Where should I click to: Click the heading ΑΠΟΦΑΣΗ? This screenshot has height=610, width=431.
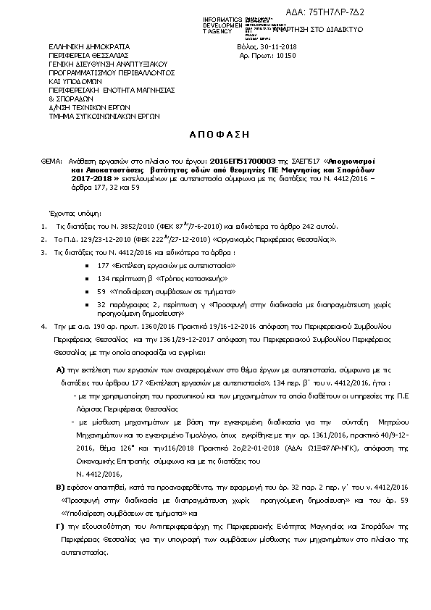(215, 135)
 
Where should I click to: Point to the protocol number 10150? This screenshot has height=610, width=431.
(288, 55)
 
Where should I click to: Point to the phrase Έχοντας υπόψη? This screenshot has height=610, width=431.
(70, 214)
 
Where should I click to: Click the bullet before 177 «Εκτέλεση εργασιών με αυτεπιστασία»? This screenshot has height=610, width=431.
(88, 267)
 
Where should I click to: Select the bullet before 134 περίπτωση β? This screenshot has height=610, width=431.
(88, 278)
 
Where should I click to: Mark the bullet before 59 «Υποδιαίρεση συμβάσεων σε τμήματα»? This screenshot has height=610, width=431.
(88, 291)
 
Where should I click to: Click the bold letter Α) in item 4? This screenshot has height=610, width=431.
(61, 369)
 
